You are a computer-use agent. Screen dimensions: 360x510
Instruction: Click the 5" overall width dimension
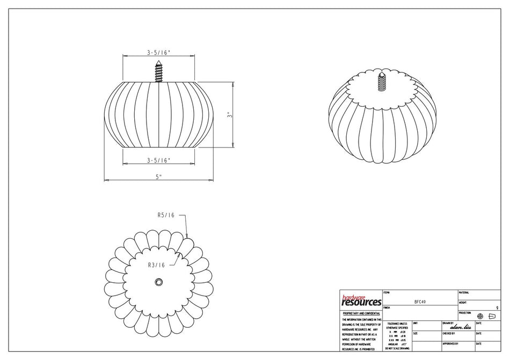click(x=159, y=176)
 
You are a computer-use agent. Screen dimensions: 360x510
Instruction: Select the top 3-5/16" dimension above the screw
click(x=159, y=53)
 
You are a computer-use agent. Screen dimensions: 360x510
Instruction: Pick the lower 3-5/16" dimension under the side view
click(x=159, y=160)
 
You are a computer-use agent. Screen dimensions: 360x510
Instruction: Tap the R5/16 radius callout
click(x=166, y=215)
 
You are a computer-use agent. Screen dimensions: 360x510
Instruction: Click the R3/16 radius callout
click(x=156, y=265)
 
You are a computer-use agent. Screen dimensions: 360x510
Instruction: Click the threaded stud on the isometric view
click(x=382, y=80)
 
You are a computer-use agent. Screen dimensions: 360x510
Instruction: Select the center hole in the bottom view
click(x=159, y=282)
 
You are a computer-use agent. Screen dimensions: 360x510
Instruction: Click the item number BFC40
click(x=420, y=302)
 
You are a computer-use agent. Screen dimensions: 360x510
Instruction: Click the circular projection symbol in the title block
click(x=480, y=317)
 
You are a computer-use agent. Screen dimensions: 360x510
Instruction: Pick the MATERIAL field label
click(x=464, y=292)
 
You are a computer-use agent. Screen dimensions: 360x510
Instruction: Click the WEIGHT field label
click(x=463, y=303)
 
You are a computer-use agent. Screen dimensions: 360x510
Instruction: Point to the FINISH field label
click(x=387, y=307)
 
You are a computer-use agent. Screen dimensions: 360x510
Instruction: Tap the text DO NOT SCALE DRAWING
click(x=397, y=349)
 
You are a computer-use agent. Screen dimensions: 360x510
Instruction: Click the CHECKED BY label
click(x=450, y=333)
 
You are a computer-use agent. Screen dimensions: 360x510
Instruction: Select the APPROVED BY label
click(x=450, y=343)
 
